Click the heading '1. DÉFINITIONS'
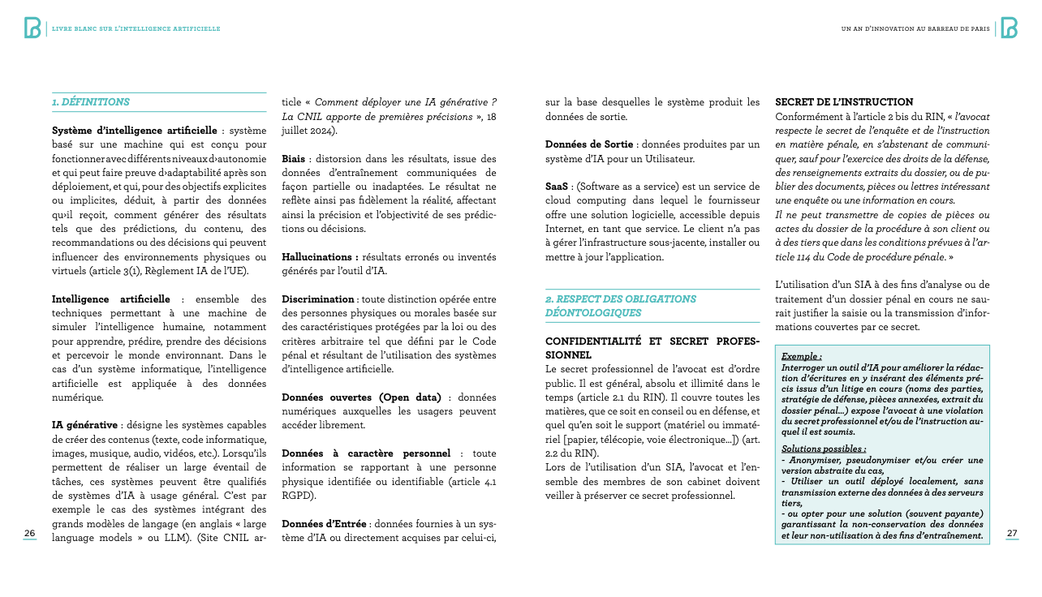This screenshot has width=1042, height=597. (91, 102)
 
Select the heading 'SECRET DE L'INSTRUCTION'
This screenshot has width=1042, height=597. (844, 102)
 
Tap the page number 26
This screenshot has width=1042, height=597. (29, 533)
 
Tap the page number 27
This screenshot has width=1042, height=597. (1012, 533)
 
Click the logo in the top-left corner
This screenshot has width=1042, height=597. (32, 28)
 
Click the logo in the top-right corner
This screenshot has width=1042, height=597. (1009, 28)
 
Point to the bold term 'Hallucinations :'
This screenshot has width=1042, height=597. (320, 256)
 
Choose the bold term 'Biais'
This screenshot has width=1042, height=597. (294, 158)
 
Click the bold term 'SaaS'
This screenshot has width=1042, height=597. (557, 186)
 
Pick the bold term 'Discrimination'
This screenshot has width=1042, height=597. (318, 299)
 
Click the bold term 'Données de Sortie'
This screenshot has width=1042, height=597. (588, 144)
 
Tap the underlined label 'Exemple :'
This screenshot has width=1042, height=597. (801, 356)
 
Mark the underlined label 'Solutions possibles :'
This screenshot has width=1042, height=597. (823, 449)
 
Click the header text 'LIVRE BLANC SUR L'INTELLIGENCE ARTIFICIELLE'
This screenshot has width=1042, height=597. (136, 28)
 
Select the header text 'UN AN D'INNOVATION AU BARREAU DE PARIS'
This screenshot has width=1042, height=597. (915, 28)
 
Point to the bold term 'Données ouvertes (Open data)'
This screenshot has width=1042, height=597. (361, 397)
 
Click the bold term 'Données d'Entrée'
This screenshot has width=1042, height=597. (325, 523)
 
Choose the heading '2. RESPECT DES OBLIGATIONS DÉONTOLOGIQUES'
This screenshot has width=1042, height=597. (620, 306)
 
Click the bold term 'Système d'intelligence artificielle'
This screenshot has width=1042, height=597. (134, 131)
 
